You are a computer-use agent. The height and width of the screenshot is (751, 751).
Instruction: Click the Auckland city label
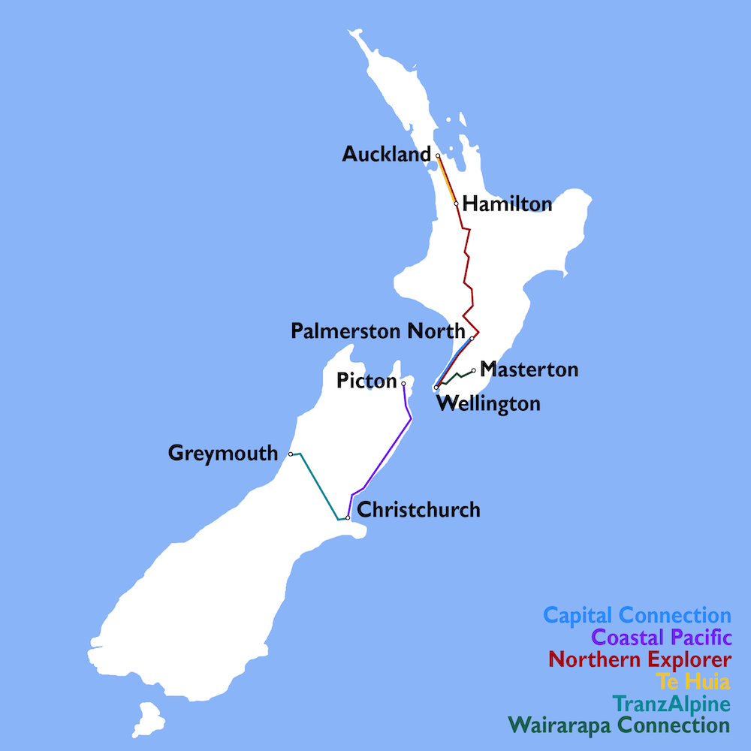point(387,155)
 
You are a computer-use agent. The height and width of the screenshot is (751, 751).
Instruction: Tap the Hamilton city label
point(507,204)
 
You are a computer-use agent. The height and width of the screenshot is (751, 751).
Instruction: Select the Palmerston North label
point(378,331)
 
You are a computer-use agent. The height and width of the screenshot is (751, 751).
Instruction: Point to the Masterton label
point(529,369)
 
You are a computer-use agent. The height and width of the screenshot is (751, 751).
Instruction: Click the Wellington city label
point(488,404)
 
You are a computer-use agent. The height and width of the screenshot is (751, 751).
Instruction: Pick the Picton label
point(366,382)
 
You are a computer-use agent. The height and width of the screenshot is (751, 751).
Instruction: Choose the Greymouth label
point(223,454)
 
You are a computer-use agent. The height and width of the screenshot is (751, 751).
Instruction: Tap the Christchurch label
point(418,510)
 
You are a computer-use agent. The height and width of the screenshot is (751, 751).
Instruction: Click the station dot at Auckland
point(438,155)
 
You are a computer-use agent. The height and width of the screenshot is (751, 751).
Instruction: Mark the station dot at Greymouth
point(291,454)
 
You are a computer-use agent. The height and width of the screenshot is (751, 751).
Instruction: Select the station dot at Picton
point(403,384)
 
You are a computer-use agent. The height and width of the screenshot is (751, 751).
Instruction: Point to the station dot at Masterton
point(473,370)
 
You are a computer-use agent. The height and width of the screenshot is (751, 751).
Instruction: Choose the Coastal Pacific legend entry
point(661,638)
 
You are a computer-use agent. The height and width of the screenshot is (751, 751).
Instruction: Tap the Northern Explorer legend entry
point(639,660)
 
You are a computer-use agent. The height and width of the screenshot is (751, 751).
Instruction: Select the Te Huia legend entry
point(693,682)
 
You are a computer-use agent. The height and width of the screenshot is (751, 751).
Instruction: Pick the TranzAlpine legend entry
point(671,704)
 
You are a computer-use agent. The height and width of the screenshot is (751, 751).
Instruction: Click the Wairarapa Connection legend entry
point(619,726)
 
